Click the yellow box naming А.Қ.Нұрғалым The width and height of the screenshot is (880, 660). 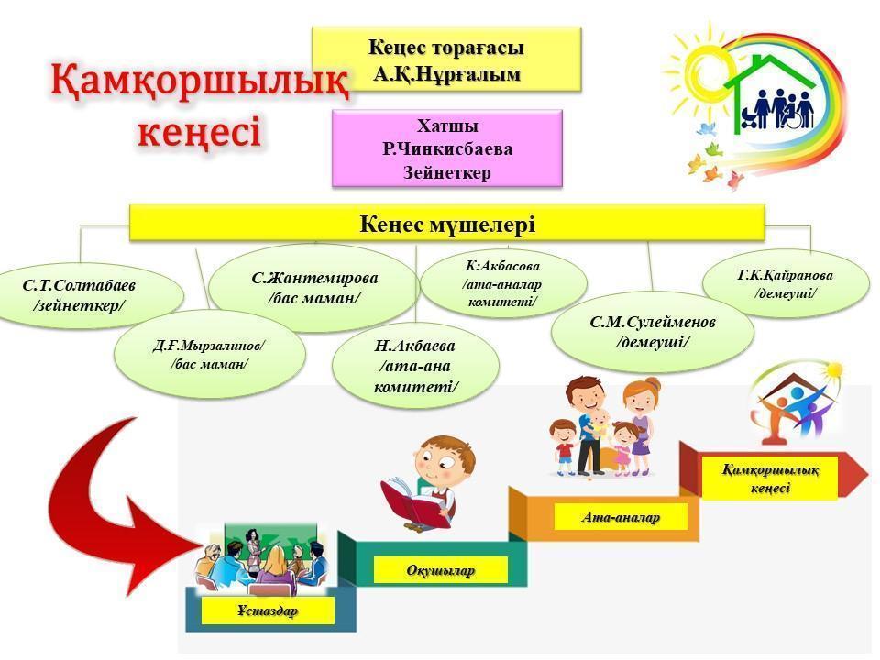446,59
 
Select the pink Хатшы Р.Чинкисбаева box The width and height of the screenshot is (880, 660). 447,148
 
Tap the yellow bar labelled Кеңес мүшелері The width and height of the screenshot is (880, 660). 447,224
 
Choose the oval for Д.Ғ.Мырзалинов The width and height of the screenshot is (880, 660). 209,355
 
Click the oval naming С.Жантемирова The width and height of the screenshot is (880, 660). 314,287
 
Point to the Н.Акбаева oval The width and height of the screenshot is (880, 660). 415,366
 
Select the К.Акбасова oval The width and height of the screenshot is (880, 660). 503,283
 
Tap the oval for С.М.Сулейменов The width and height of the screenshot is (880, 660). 653,332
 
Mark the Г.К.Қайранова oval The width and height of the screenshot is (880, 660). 786,283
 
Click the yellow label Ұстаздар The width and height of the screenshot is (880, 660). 268,610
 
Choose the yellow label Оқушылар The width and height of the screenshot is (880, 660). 441,570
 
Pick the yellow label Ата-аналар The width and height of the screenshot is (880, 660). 621,517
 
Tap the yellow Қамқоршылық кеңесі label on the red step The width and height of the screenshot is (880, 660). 769,478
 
